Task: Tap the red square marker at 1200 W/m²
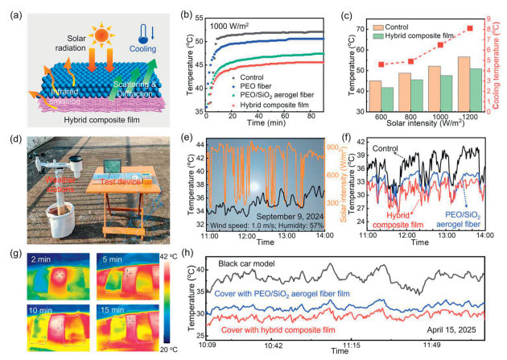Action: (x=470, y=29)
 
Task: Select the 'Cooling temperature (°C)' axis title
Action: (x=499, y=64)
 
